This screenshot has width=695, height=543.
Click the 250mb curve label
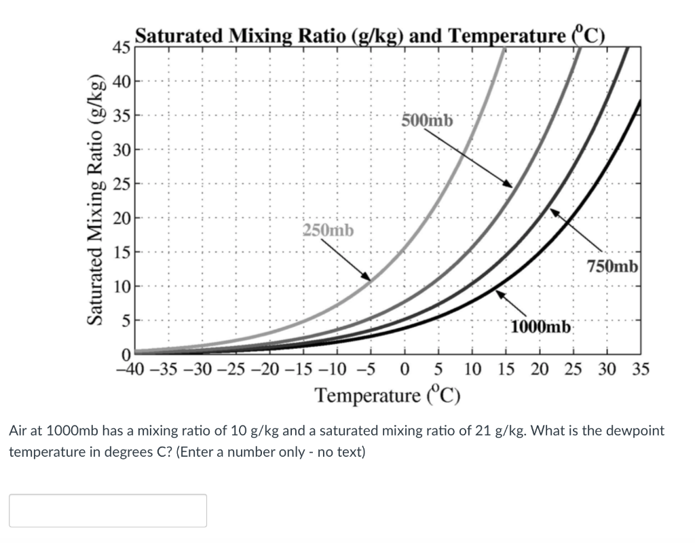click(328, 230)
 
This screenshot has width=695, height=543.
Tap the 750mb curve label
click(613, 266)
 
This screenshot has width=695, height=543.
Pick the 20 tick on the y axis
click(121, 218)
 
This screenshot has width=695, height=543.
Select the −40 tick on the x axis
click(129, 370)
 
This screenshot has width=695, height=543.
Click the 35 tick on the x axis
click(641, 370)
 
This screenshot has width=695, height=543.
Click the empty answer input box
click(108, 510)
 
